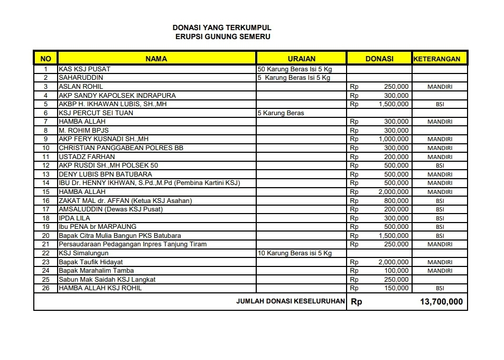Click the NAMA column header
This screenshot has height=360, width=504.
click(156, 59)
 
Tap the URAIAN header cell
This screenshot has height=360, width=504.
click(301, 59)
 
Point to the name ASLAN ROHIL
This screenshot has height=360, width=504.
click(81, 87)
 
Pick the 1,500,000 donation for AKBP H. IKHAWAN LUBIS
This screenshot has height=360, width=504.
click(394, 104)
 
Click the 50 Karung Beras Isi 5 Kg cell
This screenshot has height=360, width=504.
click(294, 69)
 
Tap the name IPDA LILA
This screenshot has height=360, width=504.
click(74, 218)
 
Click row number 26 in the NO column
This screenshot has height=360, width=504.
click(46, 289)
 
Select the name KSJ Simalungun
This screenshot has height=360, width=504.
click(83, 253)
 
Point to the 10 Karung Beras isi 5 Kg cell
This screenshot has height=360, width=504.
click(294, 253)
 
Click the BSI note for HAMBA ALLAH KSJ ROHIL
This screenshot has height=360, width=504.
click(440, 289)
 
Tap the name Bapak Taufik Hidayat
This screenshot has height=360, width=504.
click(91, 262)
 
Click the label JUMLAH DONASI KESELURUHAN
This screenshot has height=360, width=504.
click(291, 301)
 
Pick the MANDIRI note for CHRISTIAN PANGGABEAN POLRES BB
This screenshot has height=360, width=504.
click(440, 148)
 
